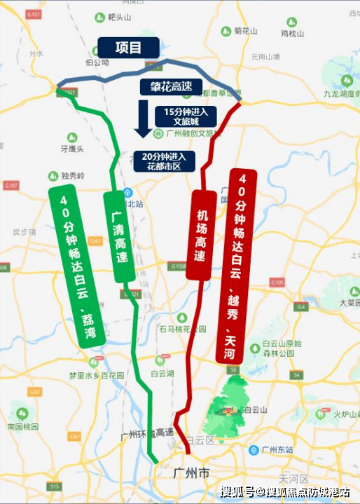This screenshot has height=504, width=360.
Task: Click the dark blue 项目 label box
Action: point(128,48)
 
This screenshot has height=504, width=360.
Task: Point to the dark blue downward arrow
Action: point(143,118)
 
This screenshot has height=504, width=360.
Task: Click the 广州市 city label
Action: point(191,475)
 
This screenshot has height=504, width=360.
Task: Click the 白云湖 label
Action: point(162,374)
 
